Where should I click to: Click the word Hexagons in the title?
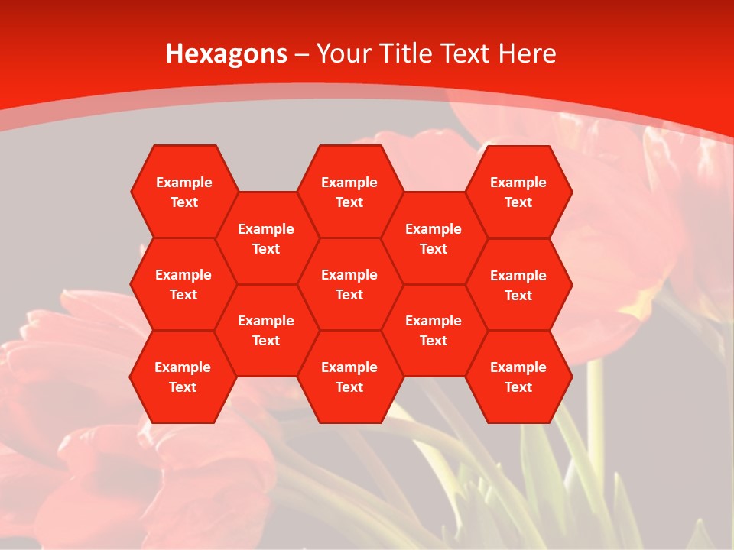click(x=227, y=53)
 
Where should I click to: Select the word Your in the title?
click(x=342, y=53)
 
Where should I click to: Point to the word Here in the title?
click(x=528, y=53)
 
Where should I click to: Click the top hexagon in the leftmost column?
click(x=183, y=192)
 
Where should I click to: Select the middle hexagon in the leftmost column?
click(x=183, y=284)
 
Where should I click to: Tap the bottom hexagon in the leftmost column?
click(x=183, y=377)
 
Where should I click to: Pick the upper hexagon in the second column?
click(x=266, y=238)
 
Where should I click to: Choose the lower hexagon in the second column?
click(x=266, y=330)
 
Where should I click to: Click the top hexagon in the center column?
click(x=349, y=192)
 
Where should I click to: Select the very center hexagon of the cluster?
click(x=349, y=284)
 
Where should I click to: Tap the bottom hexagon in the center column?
click(x=349, y=377)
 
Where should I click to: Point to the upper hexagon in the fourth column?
click(x=434, y=238)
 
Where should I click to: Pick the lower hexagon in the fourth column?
click(x=434, y=330)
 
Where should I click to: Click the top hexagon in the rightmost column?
click(x=518, y=192)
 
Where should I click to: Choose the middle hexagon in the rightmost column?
click(x=518, y=285)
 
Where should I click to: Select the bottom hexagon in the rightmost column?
click(x=518, y=377)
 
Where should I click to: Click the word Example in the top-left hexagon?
click(x=183, y=183)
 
